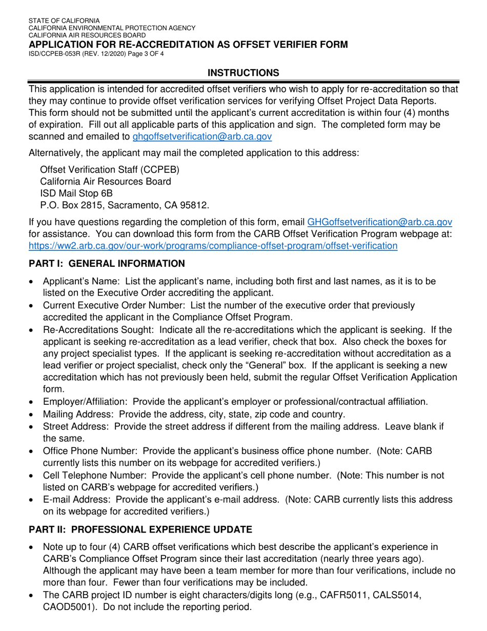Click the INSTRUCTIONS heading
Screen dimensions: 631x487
pos(243,73)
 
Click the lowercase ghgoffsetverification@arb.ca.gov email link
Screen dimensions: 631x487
pos(202,136)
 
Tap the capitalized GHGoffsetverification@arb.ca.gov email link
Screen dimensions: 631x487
pos(379,222)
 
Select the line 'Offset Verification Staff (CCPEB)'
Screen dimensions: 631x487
pos(110,170)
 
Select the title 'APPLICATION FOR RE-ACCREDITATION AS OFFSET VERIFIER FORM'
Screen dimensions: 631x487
pos(188,45)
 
